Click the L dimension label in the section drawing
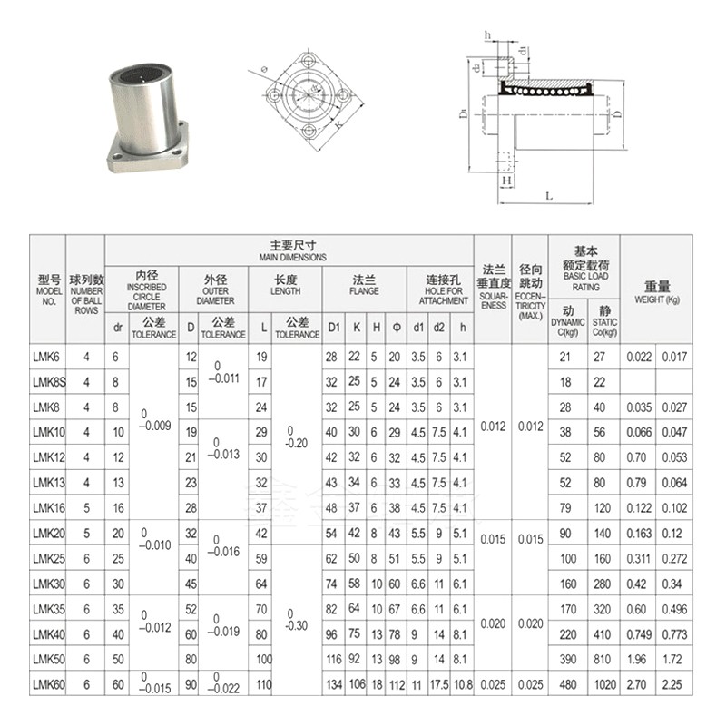pos(551,195)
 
